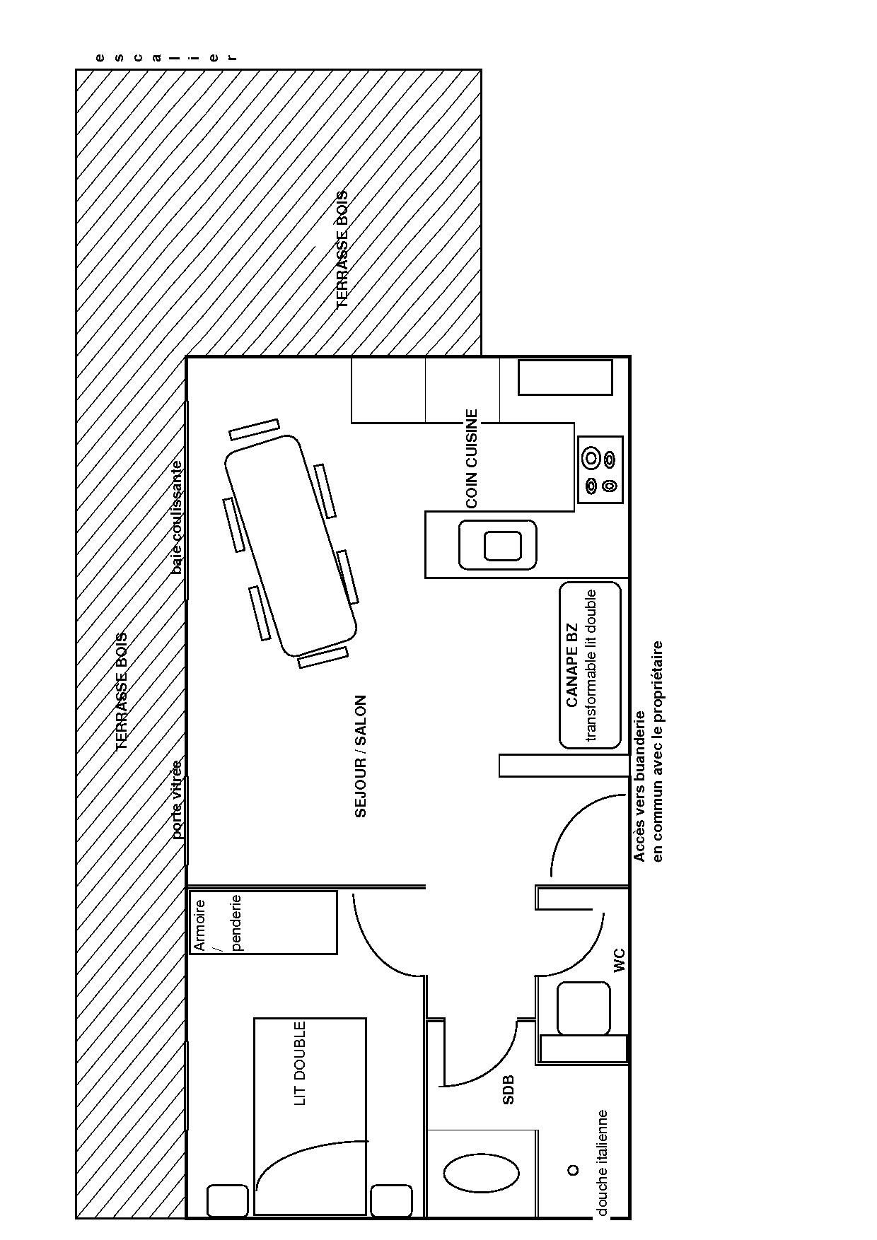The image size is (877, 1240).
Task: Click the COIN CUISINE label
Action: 472,459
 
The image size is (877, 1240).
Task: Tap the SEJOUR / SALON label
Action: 361,756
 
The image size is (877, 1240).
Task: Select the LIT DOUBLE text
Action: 300,1063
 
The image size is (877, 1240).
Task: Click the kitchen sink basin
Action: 498,545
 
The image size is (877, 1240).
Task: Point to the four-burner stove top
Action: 600,469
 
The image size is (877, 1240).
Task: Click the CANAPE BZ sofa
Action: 590,665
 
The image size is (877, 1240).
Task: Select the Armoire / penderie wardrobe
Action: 263,922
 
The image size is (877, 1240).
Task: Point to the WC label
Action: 620,961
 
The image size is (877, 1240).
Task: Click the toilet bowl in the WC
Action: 583,1008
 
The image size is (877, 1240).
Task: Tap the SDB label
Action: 508,1089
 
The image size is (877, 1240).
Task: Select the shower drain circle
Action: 573,1170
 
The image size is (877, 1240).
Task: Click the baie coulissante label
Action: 177,517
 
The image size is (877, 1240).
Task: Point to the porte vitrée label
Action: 177,799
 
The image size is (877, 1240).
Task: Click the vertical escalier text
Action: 165,57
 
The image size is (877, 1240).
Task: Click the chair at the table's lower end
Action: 323,657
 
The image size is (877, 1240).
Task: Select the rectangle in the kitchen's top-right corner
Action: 565,378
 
